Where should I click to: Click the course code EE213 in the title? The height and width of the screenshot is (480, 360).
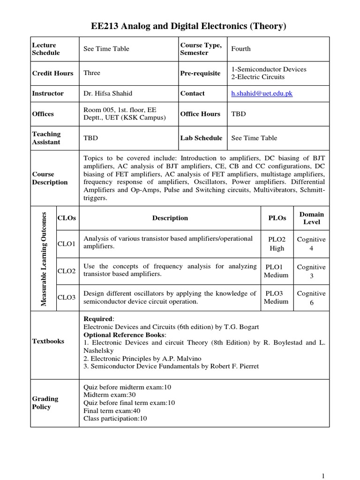pyautogui.click(x=105, y=27)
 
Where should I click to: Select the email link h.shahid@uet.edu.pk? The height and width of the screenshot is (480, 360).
pyautogui.click(x=262, y=93)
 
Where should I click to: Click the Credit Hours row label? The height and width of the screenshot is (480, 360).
pyautogui.click(x=52, y=73)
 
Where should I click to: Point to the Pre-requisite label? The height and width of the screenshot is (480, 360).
pyautogui.click(x=200, y=73)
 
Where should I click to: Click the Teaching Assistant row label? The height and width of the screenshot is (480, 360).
pyautogui.click(x=46, y=138)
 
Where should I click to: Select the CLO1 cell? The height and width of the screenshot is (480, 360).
pyautogui.click(x=67, y=244)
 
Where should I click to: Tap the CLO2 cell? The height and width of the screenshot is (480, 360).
pyautogui.click(x=67, y=270)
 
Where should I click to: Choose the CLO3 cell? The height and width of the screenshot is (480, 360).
pyautogui.click(x=67, y=297)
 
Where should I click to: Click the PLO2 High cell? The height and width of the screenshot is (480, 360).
pyautogui.click(x=277, y=244)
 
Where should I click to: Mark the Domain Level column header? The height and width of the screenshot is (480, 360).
pyautogui.click(x=312, y=218)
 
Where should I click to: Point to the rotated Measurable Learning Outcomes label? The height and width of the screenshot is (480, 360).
pyautogui.click(x=44, y=258)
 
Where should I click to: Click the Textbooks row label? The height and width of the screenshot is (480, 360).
pyautogui.click(x=48, y=341)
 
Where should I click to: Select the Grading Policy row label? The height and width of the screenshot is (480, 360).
pyautogui.click(x=45, y=403)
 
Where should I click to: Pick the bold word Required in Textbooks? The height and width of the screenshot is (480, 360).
pyautogui.click(x=97, y=319)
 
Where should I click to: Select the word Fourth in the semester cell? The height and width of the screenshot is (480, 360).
pyautogui.click(x=241, y=49)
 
